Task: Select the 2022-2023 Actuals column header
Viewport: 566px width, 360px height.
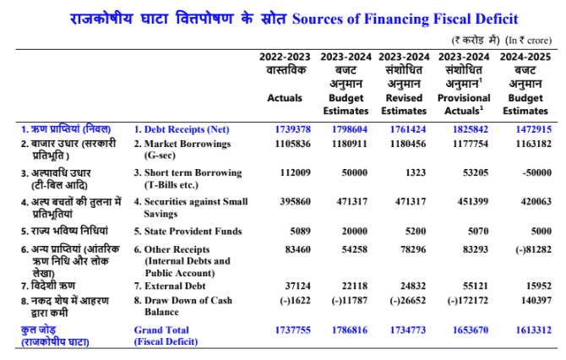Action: (x=285, y=77)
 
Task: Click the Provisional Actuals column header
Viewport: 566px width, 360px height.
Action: (x=464, y=84)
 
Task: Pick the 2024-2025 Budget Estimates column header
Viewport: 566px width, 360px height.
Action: (x=525, y=84)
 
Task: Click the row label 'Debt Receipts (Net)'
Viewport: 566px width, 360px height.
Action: (x=182, y=129)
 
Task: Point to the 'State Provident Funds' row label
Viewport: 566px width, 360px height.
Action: (x=188, y=231)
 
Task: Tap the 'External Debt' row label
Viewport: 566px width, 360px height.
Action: (x=170, y=286)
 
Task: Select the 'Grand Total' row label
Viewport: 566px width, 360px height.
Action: (x=161, y=330)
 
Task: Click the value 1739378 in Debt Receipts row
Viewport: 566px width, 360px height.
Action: (x=293, y=129)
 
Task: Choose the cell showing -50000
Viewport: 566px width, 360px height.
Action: (x=536, y=172)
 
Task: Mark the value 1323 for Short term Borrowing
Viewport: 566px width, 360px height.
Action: (x=416, y=172)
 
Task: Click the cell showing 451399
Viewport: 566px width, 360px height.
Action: (x=473, y=201)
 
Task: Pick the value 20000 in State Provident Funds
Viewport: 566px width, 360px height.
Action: (x=355, y=231)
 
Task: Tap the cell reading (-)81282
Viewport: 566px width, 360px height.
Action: (x=533, y=249)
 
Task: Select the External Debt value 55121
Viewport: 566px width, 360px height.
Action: (x=476, y=286)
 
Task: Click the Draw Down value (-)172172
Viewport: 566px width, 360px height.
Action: (x=468, y=300)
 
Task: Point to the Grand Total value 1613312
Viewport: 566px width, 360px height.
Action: (x=534, y=330)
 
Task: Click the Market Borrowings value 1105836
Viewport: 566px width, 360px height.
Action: (x=293, y=144)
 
